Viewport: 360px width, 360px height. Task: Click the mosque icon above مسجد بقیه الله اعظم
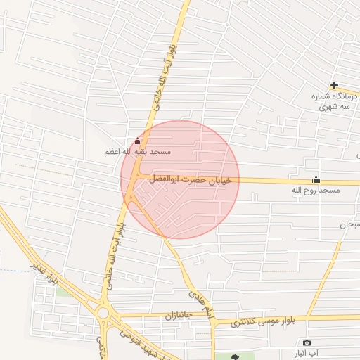coord(137,141)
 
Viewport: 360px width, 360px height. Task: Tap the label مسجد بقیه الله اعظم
coord(139,151)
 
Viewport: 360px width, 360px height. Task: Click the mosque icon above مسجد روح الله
coord(316,179)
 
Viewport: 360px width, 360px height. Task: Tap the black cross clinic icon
coord(334,85)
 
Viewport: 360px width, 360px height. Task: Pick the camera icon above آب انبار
coord(306,342)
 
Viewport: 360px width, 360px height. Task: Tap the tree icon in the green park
coord(233,356)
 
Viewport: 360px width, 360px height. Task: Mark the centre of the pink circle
coord(180,179)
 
